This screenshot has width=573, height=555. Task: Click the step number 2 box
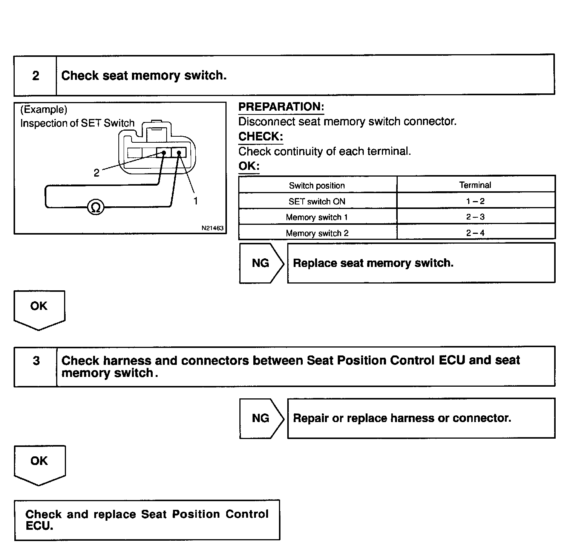[x=35, y=76]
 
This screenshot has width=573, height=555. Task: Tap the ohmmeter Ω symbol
[x=95, y=207]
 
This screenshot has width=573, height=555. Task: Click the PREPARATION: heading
[x=281, y=107]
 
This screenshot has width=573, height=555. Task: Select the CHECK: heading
[x=260, y=136]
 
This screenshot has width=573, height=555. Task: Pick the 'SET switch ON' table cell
[x=317, y=201]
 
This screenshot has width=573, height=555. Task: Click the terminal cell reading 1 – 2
[x=475, y=201]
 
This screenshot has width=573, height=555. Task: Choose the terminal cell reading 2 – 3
[x=475, y=217]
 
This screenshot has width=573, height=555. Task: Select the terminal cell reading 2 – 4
[x=475, y=233]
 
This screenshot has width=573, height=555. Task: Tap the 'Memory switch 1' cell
[x=317, y=217]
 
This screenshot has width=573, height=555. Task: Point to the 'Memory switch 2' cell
[x=317, y=233]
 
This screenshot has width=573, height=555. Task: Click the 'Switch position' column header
[x=317, y=186]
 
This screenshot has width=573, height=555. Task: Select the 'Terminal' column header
[x=475, y=185]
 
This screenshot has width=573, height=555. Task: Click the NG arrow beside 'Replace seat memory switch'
[x=261, y=263]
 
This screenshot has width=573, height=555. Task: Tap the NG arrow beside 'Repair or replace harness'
[x=261, y=418]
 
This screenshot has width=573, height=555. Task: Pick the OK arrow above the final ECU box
[x=39, y=464]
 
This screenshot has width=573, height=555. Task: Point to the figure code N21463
[x=212, y=228]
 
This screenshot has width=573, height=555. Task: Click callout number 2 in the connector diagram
[x=97, y=173]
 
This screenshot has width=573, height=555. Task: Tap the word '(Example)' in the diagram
[x=44, y=110]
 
